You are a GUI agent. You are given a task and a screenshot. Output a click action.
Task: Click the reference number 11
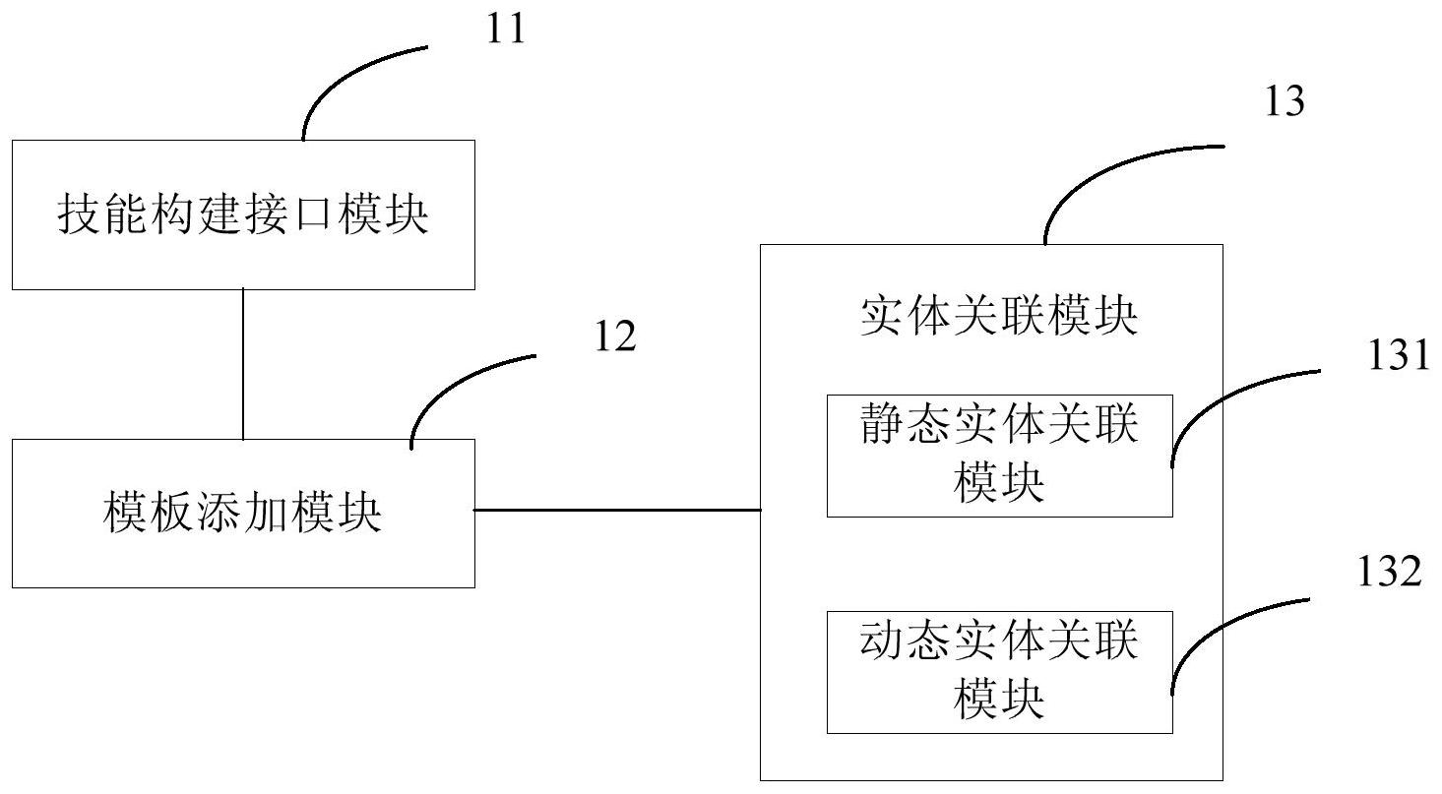click(x=507, y=29)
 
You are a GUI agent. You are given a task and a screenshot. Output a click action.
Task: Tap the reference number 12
click(x=616, y=337)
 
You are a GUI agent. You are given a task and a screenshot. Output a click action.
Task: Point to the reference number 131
click(x=1397, y=355)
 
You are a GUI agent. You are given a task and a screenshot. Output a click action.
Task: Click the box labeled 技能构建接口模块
click(x=243, y=214)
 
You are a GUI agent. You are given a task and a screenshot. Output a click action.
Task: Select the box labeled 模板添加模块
click(x=243, y=513)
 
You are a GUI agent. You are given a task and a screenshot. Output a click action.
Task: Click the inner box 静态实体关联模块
click(x=999, y=456)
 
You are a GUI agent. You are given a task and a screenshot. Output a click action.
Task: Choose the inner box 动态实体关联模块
click(x=999, y=671)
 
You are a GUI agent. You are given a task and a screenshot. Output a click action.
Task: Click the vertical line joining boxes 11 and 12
click(x=243, y=364)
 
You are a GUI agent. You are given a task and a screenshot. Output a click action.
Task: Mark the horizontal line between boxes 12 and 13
click(x=617, y=510)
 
